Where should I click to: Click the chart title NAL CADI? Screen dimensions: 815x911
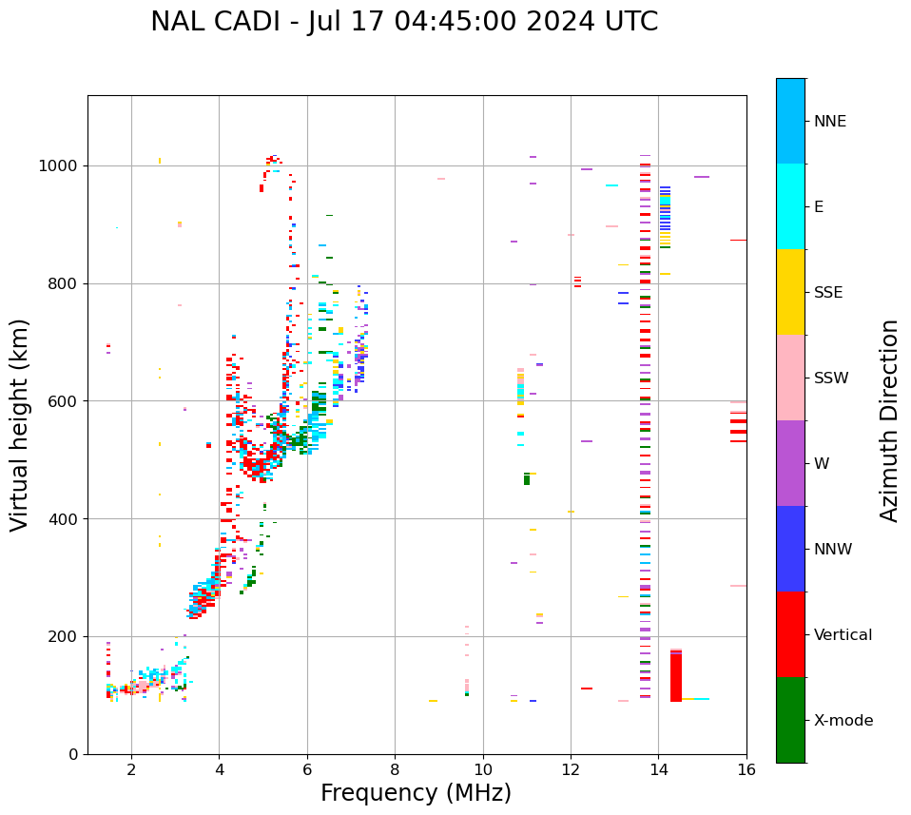point(404,22)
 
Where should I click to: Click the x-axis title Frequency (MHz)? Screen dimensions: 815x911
point(416,793)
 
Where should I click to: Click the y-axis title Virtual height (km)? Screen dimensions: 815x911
point(21,425)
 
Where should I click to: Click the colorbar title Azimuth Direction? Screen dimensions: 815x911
point(889,420)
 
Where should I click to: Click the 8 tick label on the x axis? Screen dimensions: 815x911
point(395,769)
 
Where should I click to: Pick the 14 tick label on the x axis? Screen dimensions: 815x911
point(658,769)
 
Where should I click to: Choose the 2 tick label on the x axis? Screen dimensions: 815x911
point(131,769)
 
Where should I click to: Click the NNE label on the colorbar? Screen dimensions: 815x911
point(830,122)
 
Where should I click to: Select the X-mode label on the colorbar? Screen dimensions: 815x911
point(843,721)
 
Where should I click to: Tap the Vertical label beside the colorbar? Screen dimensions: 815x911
point(843,635)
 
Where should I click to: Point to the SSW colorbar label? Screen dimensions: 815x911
point(831,378)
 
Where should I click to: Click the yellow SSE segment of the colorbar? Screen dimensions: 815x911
point(790,292)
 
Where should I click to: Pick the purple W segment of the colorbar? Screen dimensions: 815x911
point(790,463)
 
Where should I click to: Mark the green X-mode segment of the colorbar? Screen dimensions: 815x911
point(790,720)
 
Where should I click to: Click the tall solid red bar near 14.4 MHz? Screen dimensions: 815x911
point(676,677)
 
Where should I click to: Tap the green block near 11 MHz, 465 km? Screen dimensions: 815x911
point(527,479)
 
